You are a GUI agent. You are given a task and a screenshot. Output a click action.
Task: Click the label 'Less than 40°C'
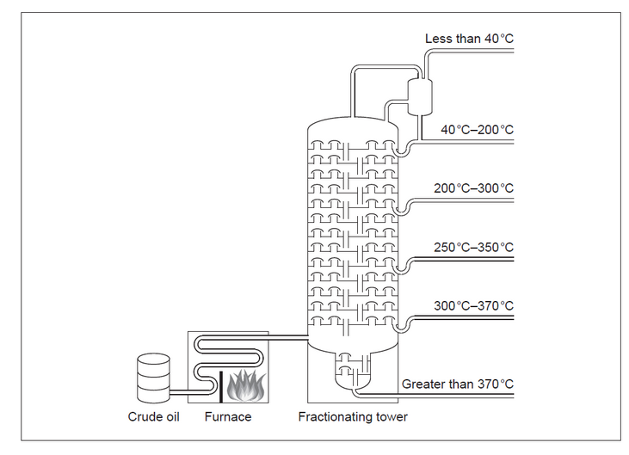tap(469, 39)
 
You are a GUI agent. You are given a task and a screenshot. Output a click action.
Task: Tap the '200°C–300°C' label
tap(473, 188)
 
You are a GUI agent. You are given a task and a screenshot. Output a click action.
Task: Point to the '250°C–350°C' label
tap(473, 248)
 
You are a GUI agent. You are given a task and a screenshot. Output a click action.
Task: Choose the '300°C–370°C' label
tap(473, 305)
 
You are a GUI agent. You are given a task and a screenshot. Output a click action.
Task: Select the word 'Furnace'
tap(228, 417)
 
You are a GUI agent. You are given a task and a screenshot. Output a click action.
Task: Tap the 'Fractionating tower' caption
tap(353, 417)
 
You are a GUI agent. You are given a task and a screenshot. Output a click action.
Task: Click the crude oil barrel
tap(153, 379)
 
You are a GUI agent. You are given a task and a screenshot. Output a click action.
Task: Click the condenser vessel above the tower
tap(421, 96)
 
